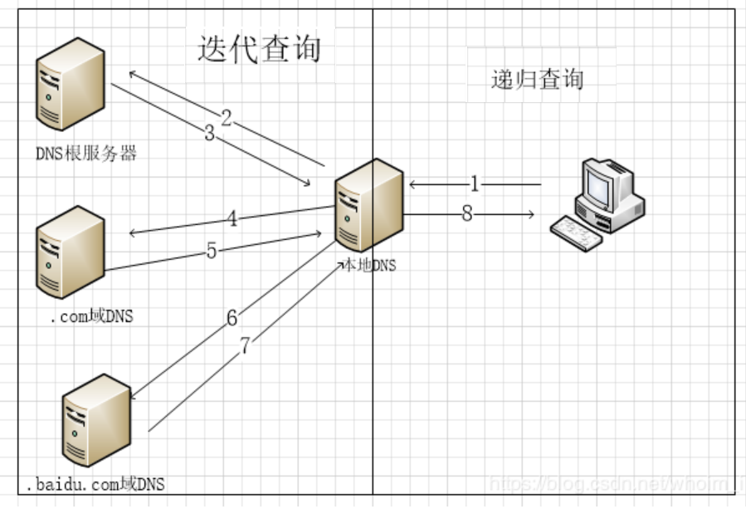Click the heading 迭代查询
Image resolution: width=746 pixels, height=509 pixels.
(x=259, y=48)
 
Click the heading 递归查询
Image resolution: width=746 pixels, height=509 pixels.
(x=537, y=80)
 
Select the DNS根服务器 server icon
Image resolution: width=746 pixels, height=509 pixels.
(x=71, y=84)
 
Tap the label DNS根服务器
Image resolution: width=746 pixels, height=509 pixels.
(x=85, y=154)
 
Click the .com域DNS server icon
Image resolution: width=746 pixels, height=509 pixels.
(x=71, y=252)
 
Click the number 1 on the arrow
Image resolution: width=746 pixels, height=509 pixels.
(x=475, y=184)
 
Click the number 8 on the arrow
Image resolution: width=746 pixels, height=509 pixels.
(x=467, y=214)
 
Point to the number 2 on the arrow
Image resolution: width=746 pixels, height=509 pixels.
(x=226, y=117)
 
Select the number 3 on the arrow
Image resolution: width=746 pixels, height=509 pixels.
(x=209, y=133)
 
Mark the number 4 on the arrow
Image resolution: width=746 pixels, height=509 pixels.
(x=232, y=219)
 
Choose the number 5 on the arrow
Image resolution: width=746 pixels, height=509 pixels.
(x=212, y=251)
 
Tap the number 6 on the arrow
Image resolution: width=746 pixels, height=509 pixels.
(x=232, y=317)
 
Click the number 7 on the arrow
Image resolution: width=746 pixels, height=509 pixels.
(x=246, y=346)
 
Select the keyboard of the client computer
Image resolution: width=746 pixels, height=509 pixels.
(x=578, y=232)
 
